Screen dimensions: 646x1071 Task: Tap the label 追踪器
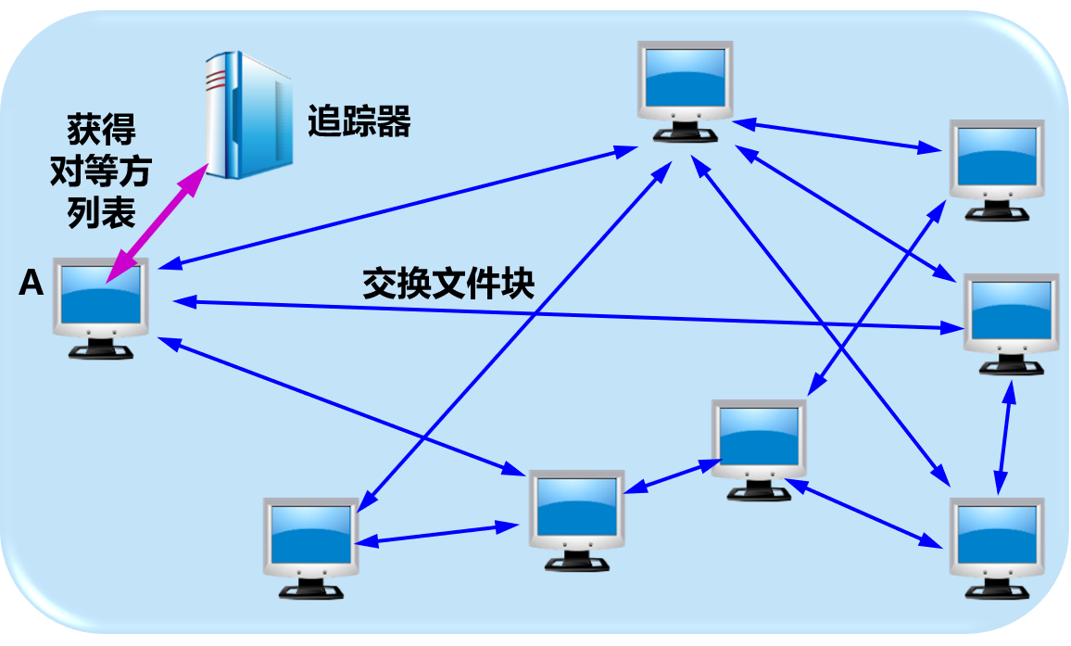pos(359,122)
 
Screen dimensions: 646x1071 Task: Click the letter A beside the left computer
pos(31,284)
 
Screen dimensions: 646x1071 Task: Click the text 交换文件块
pos(448,285)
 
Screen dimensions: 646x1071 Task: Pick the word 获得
pos(102,127)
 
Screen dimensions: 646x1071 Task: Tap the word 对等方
pos(102,171)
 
